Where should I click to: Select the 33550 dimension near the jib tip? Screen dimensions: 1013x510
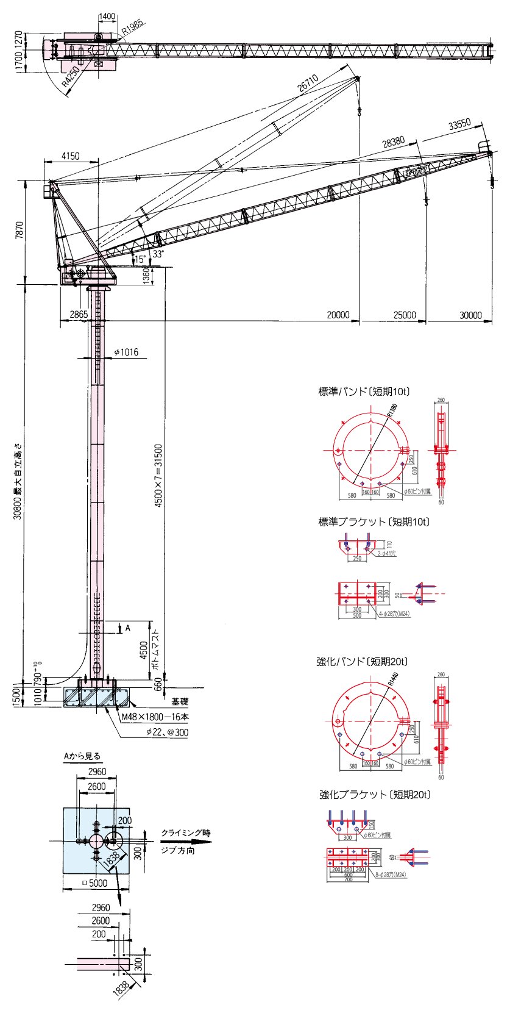[460, 124]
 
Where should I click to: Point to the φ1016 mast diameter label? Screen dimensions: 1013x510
[126, 352]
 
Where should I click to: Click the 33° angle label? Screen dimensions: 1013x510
[158, 254]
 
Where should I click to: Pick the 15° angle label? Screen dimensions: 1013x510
[140, 259]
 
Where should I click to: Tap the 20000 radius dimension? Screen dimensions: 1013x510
[338, 315]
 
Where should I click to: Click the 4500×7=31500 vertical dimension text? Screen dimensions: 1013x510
[158, 476]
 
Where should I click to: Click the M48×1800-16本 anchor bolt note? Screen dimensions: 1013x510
[155, 717]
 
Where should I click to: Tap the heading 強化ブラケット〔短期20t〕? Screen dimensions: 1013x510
[375, 795]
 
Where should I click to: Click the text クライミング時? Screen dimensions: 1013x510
[186, 832]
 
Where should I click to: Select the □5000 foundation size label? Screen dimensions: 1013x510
[94, 882]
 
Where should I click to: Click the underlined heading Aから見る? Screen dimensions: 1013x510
[82, 756]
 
